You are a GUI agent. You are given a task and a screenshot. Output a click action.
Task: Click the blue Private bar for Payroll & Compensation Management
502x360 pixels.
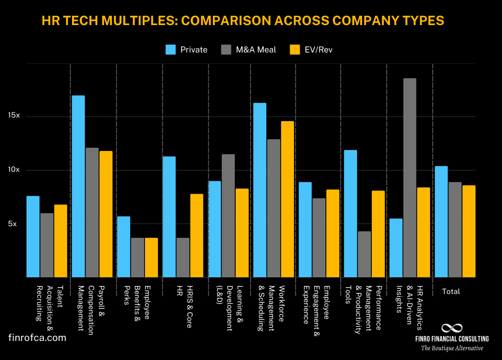coord(78,186)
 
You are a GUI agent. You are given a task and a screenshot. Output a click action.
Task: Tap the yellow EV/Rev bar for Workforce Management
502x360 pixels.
coord(287,199)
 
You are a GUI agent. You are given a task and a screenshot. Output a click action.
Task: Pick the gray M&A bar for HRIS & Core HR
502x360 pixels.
coord(183,257)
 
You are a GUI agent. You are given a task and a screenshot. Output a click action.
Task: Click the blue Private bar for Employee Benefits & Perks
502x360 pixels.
coord(124,247)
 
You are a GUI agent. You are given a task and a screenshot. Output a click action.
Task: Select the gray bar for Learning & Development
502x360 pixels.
coord(228,216)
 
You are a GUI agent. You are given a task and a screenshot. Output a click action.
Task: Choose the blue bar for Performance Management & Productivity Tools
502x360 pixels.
coord(350,214)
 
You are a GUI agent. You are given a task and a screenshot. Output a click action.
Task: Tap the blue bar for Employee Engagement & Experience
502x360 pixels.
coord(305,229)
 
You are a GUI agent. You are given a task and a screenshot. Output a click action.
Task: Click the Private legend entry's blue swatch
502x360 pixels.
coord(171,50)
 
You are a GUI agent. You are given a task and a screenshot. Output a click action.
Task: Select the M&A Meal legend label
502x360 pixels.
coord(256,50)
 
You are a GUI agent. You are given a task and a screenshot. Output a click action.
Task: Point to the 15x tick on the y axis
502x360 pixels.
coord(13,116)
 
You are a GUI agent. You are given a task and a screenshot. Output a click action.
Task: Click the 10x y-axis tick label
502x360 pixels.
coord(13,170)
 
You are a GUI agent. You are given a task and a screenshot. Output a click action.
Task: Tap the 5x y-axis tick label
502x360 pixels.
coord(13,223)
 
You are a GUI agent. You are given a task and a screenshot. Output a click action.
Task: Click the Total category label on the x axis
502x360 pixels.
coord(451,292)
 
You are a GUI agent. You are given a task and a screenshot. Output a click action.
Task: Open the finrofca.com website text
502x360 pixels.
coord(37,338)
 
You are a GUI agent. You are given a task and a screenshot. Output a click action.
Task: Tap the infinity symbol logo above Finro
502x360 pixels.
coord(452,328)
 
